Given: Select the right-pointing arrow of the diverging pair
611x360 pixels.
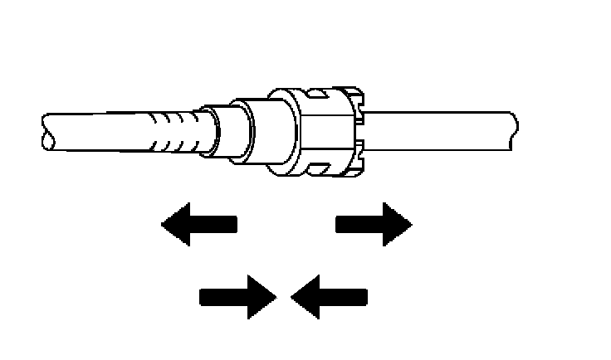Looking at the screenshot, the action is (374, 224).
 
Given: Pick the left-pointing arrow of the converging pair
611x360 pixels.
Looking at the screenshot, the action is (329, 295).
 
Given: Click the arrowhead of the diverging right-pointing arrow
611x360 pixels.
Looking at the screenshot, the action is (396, 224).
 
